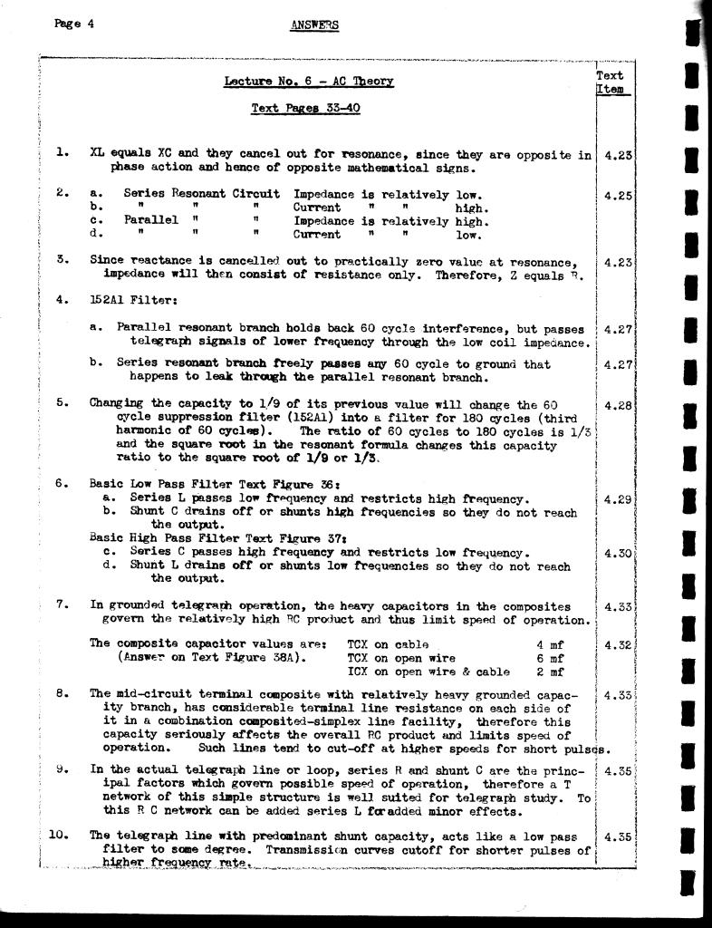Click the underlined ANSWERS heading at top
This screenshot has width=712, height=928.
pyautogui.click(x=314, y=25)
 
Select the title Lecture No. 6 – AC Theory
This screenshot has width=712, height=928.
pyautogui.click(x=309, y=82)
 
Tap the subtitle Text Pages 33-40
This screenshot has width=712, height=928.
pyautogui.click(x=305, y=109)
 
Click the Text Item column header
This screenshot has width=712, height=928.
pyautogui.click(x=611, y=82)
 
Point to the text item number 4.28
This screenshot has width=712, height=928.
pyautogui.click(x=617, y=405)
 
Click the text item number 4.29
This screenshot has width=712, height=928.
pyautogui.click(x=617, y=499)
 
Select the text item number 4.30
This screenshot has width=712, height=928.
pyautogui.click(x=617, y=553)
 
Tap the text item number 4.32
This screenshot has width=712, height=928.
pyautogui.click(x=617, y=645)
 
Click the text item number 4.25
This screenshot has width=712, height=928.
pyautogui.click(x=617, y=196)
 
